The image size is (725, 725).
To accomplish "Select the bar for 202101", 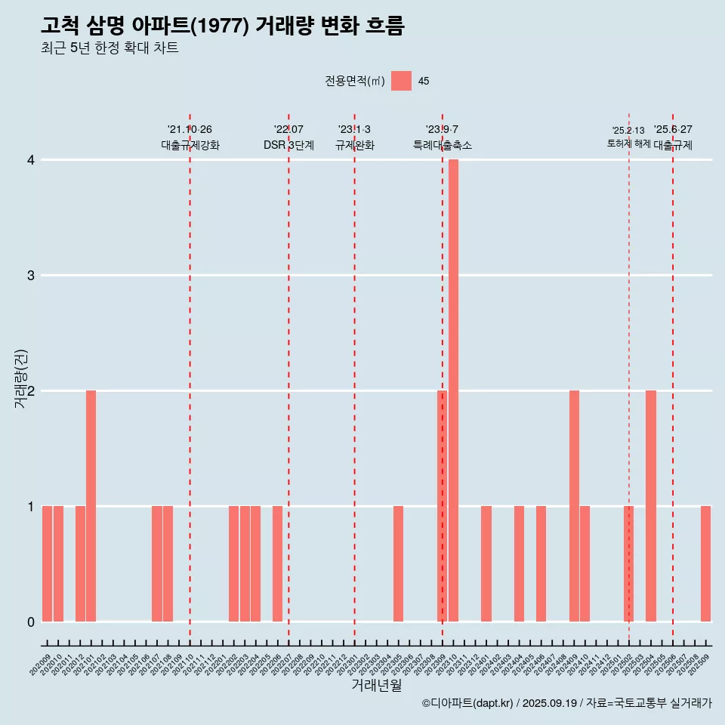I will [91, 506].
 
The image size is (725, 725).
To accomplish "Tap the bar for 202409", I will [574, 506].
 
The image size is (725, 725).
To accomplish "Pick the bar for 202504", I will [651, 506].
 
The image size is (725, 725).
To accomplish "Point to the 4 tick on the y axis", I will [31, 160].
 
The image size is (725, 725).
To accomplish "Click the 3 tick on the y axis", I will [31, 276].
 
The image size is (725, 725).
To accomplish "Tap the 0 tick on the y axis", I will [31, 622].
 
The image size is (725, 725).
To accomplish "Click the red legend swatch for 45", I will [401, 81].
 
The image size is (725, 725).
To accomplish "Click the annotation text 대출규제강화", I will [190, 146].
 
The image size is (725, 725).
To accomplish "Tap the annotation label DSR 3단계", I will [288, 146].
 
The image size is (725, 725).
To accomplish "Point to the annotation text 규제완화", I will [355, 146].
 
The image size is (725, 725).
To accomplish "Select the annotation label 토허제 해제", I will [628, 143].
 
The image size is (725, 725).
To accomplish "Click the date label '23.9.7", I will [442, 130].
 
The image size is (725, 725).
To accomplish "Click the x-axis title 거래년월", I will [376, 685].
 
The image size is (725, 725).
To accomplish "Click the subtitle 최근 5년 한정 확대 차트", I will [110, 48].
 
